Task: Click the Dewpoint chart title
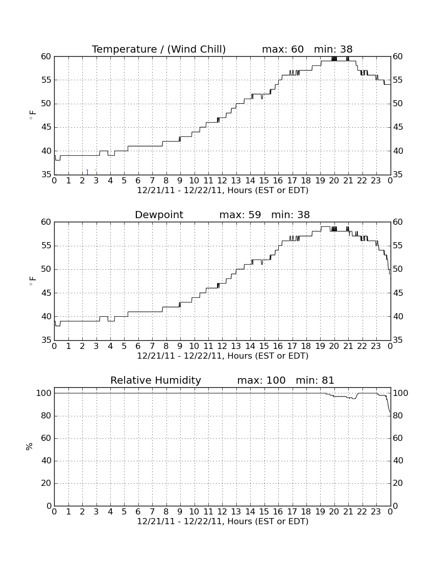pyautogui.click(x=159, y=215)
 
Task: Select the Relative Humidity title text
pyautogui.click(x=156, y=380)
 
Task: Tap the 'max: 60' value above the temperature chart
pyautogui.click(x=283, y=49)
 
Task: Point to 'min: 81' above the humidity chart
pyautogui.click(x=315, y=380)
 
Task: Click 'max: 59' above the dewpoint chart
pyautogui.click(x=240, y=215)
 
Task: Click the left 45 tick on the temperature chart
pyautogui.click(x=46, y=127)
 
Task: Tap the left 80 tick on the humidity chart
pyautogui.click(x=46, y=416)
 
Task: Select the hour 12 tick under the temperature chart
pyautogui.click(x=222, y=181)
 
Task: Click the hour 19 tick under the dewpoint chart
pyautogui.click(x=320, y=346)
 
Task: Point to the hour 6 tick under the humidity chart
pyautogui.click(x=138, y=512)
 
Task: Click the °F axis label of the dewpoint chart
pyautogui.click(x=32, y=280)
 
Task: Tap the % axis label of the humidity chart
pyautogui.click(x=30, y=446)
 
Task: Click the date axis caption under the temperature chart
pyautogui.click(x=223, y=191)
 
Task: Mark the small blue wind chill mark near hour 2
pyautogui.click(x=87, y=172)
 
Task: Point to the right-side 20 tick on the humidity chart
pyautogui.click(x=398, y=483)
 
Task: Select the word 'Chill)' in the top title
pyautogui.click(x=213, y=49)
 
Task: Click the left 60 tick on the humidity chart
pyautogui.click(x=46, y=438)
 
